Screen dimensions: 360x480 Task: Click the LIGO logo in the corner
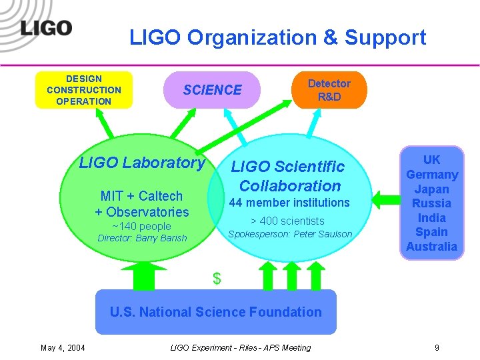46,28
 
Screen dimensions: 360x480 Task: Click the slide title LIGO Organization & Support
277,37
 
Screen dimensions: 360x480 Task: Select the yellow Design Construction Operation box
84,90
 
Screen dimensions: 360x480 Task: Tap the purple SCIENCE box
213,90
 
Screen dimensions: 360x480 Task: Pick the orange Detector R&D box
329,90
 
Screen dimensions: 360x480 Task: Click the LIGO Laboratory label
142,162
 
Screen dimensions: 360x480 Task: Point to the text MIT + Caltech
141,196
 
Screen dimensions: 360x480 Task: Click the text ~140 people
141,226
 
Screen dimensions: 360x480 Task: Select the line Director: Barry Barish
142,238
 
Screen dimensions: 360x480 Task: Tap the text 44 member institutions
289,203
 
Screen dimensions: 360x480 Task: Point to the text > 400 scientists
287,221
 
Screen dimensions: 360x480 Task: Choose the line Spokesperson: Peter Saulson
290,234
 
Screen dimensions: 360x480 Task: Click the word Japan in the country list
431,189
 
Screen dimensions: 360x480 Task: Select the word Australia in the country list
431,247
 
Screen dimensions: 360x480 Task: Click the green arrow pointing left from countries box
383,198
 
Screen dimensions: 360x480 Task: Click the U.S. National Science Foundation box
215,311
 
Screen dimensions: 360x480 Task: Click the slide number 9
437,347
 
